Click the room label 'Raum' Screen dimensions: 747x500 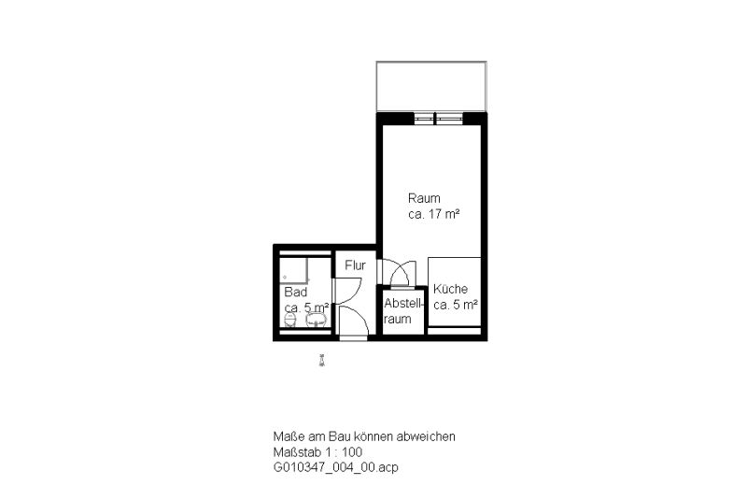coord(424,198)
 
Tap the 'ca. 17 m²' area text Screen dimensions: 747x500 coord(433,214)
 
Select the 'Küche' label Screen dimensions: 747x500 coord(450,289)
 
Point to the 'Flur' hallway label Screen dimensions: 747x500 coord(355,265)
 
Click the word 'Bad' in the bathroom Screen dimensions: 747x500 coord(295,292)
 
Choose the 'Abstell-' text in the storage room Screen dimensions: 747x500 coord(403,303)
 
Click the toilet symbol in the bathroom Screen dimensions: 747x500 coord(290,320)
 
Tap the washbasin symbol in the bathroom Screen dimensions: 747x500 coord(316,320)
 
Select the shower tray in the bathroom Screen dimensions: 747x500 coord(294,270)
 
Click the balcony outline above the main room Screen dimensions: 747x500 coord(431,62)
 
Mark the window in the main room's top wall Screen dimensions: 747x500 coord(438,118)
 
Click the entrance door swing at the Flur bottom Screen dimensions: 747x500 coord(353,321)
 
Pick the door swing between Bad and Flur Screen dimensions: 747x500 coord(346,291)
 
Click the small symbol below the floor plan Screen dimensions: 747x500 coord(322,361)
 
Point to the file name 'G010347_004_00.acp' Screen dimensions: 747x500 coord(335,467)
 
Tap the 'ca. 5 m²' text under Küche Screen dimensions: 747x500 coord(456,305)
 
